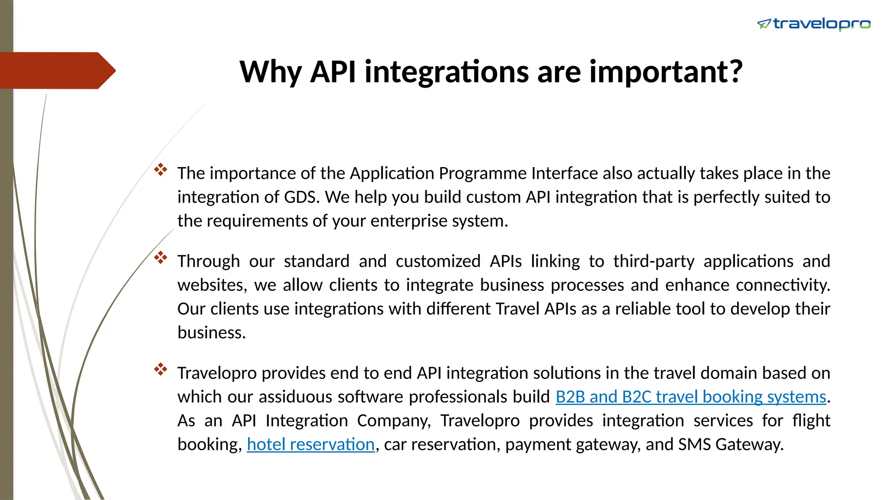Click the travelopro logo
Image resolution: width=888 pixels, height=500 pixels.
pos(814,24)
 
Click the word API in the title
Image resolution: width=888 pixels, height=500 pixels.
pos(333,72)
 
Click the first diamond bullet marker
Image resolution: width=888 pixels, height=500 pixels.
pos(160,170)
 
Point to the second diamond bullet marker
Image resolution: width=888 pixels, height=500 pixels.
pos(160,257)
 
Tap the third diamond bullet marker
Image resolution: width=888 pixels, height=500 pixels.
pos(160,369)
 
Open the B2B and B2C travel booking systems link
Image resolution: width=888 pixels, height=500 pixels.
pos(691,397)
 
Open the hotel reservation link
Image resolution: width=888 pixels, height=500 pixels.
pos(310,444)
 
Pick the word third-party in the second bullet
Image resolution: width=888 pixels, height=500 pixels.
pos(653,261)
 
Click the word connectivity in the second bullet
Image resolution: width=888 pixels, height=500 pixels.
pos(783,285)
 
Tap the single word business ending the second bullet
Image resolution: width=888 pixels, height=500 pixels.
pos(211,333)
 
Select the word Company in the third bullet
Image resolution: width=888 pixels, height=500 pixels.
pos(394,421)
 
